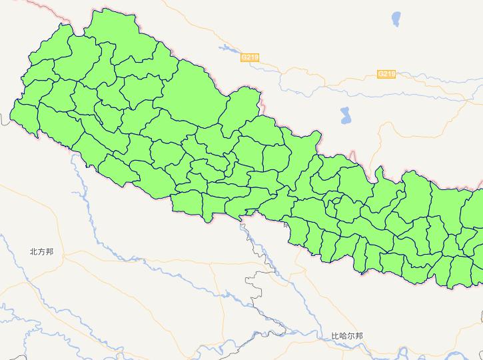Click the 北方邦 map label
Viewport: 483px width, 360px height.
pyautogui.click(x=41, y=252)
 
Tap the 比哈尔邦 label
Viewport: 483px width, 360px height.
pyautogui.click(x=347, y=337)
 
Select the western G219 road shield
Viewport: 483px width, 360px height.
pyautogui.click(x=250, y=58)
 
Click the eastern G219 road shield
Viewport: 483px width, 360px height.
pyautogui.click(x=386, y=74)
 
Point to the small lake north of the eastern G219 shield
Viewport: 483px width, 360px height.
pyautogui.click(x=397, y=16)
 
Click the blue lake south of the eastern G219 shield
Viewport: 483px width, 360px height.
pyautogui.click(x=345, y=115)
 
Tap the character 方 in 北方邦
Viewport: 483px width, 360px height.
pyautogui.click(x=41, y=252)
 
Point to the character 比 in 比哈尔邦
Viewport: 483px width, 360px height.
pyautogui.click(x=336, y=337)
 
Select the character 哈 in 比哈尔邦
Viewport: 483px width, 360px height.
pyautogui.click(x=344, y=337)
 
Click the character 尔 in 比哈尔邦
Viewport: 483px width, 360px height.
pyautogui.click(x=351, y=337)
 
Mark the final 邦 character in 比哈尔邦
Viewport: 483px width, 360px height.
pyautogui.click(x=359, y=337)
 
